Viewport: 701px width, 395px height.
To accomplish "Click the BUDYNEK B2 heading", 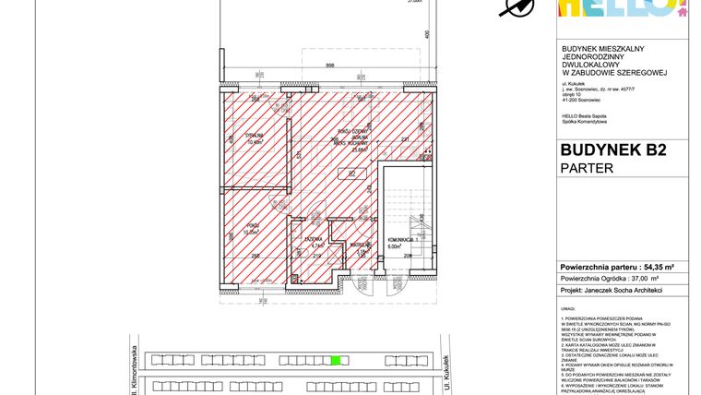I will click(612, 150).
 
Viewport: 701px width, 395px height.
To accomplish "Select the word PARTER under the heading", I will click(587, 168).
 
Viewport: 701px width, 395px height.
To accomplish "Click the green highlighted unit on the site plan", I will click(336, 360).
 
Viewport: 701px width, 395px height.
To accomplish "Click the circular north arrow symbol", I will click(517, 7).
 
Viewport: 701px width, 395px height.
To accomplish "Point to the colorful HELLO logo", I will click(623, 7).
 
